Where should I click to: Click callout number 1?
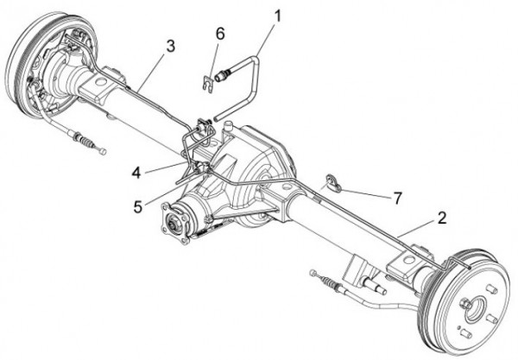(277, 16)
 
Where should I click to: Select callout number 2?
(441, 218)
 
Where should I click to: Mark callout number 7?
(396, 198)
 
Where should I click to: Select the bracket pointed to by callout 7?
(332, 182)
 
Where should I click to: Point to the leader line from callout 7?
(367, 191)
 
